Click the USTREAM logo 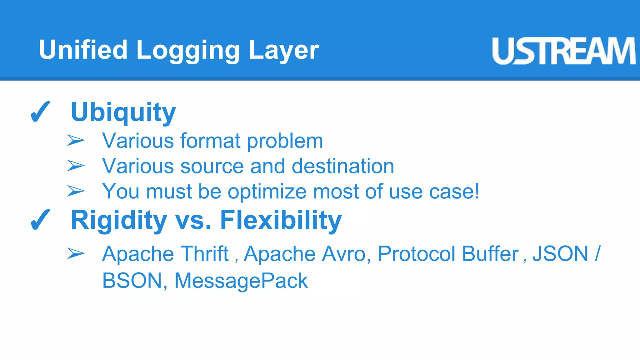coord(563,51)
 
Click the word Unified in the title coord(83,50)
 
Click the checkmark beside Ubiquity coord(40,112)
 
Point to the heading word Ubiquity coord(123,112)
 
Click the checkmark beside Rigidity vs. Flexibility coord(40,220)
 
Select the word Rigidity coord(119,221)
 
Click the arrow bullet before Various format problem coord(76,141)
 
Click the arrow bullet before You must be coord(76,191)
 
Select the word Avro coord(344,253)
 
